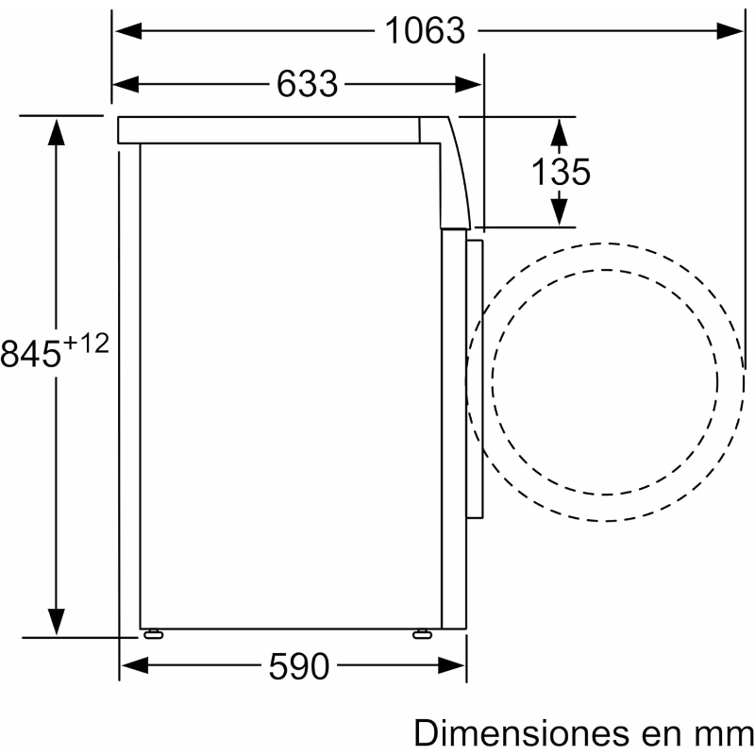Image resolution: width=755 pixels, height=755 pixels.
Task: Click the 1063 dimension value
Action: [426, 31]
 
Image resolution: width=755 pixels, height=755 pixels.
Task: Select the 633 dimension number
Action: [308, 84]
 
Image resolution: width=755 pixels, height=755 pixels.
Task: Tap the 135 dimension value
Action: [561, 172]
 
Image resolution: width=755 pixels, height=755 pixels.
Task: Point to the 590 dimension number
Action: [299, 666]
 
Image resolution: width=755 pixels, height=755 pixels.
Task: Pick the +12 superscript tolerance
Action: [87, 344]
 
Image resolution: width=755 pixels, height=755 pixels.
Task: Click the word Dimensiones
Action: [522, 733]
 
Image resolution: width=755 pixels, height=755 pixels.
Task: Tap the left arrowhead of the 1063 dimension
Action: [128, 31]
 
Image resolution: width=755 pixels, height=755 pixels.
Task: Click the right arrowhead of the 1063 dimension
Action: [730, 31]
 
